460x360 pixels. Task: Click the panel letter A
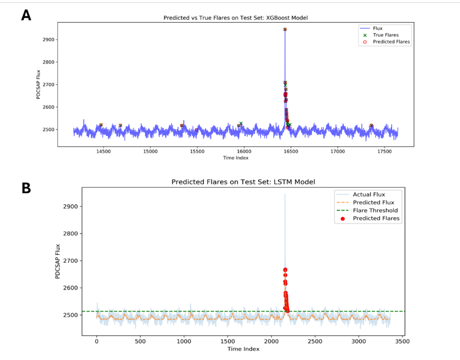[26, 15]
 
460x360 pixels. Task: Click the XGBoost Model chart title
[236, 18]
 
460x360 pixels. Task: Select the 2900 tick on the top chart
[49, 40]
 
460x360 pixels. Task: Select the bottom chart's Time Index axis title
[243, 349]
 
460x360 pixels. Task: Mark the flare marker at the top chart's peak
[284, 29]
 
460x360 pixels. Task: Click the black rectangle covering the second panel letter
[14, 193]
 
